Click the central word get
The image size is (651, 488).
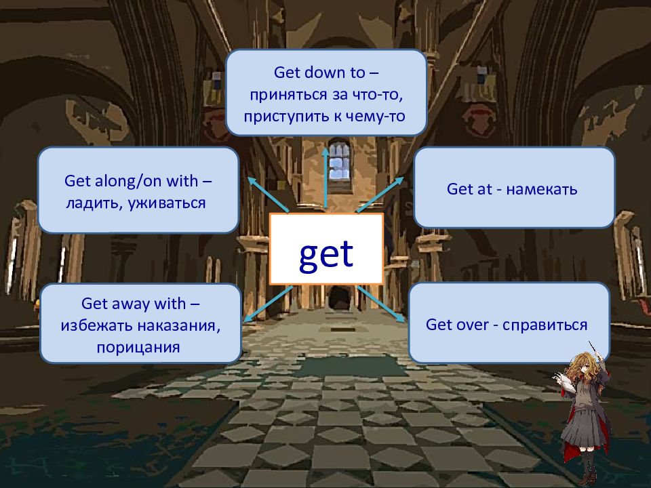click(x=326, y=254)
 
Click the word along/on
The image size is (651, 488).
click(x=129, y=181)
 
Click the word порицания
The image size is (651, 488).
click(x=138, y=347)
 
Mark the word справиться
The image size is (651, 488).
click(x=545, y=325)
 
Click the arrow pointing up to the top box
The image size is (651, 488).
click(x=325, y=178)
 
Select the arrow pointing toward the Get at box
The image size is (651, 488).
click(x=380, y=195)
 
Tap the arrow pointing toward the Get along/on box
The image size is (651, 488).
click(x=269, y=195)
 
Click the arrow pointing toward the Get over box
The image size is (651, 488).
click(x=380, y=304)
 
